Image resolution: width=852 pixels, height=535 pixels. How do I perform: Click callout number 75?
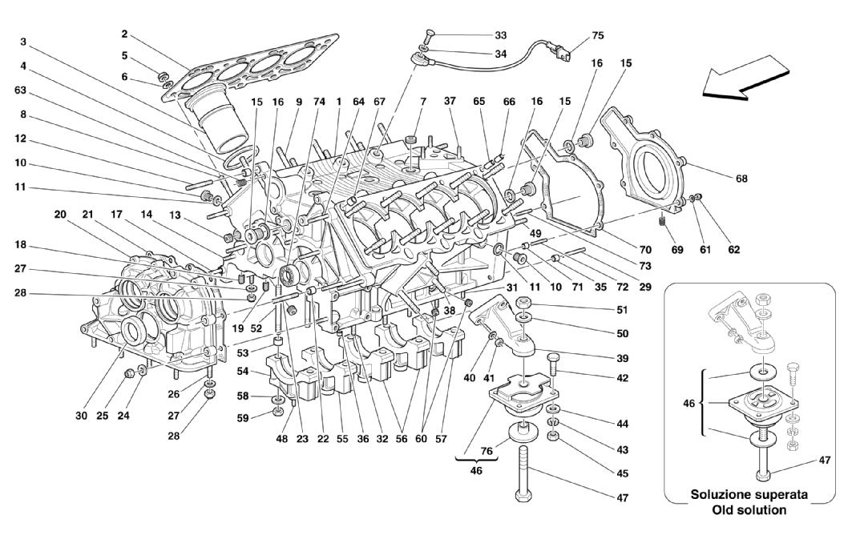click(598, 35)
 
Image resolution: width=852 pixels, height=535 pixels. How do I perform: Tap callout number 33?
click(500, 35)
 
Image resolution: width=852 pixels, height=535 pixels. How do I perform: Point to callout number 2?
click(125, 35)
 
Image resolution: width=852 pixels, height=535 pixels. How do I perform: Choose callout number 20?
click(60, 215)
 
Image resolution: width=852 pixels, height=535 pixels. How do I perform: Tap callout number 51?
click(622, 309)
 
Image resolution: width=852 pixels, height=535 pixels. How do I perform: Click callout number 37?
click(450, 101)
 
